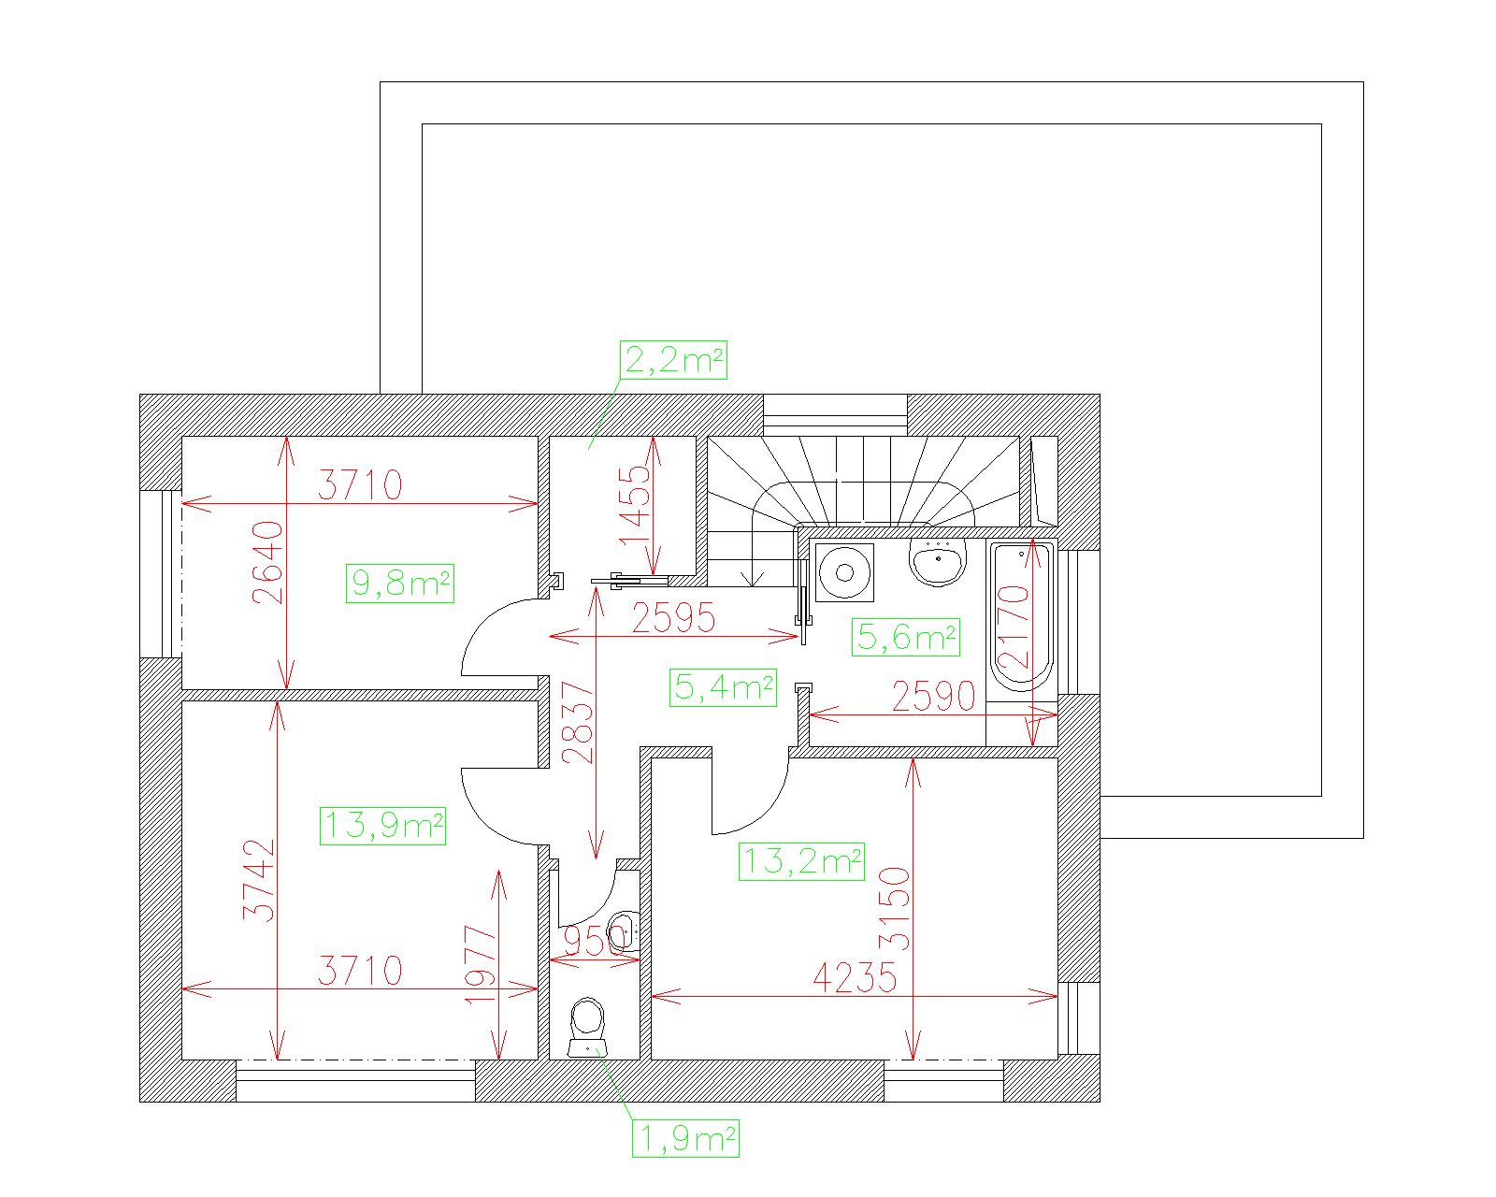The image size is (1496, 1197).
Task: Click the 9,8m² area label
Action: click(x=400, y=583)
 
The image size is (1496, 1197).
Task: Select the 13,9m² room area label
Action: click(x=382, y=826)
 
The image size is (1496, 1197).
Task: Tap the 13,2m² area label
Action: click(x=801, y=862)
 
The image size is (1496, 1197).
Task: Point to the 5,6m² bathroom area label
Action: click(x=906, y=637)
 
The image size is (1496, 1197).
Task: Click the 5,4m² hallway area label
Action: click(x=723, y=687)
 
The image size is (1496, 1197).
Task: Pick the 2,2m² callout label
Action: click(x=673, y=360)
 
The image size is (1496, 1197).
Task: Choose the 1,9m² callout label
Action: click(x=685, y=1139)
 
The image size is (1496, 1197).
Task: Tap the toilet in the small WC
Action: click(x=587, y=1027)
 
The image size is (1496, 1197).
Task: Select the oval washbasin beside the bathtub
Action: click(x=938, y=561)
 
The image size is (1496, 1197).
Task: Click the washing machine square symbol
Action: click(x=844, y=571)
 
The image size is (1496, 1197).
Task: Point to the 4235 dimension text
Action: click(x=855, y=978)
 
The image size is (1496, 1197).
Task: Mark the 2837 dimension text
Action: click(x=578, y=724)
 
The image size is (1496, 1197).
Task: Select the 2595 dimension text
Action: click(x=673, y=617)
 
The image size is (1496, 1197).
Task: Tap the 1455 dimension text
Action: click(x=635, y=506)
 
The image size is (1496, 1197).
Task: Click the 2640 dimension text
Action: click(x=267, y=563)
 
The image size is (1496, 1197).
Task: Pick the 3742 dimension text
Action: click(x=259, y=880)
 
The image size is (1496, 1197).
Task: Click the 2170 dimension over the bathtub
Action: click(x=1013, y=627)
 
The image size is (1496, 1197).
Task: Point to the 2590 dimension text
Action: click(x=934, y=696)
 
